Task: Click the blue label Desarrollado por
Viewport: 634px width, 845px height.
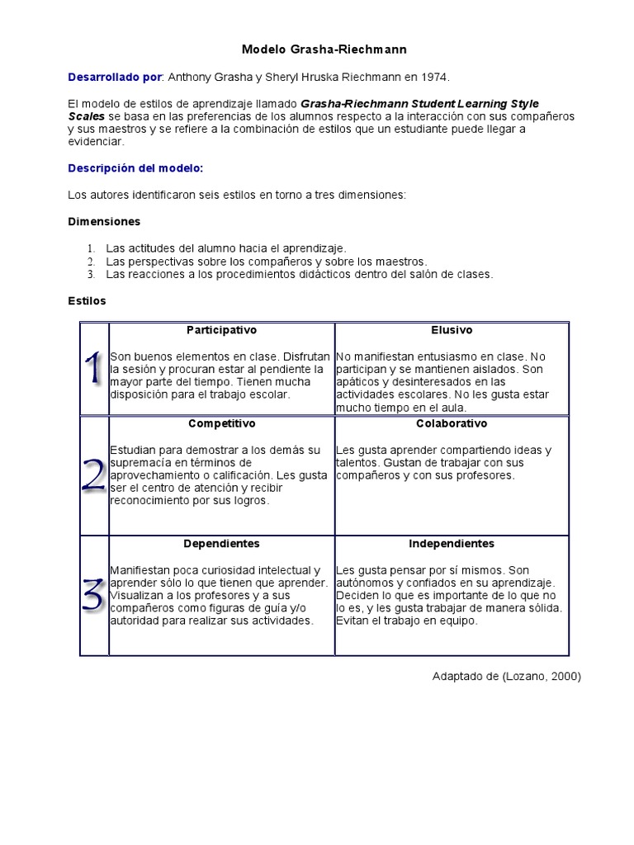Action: [x=115, y=77]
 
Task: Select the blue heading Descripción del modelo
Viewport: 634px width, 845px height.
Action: [x=135, y=168]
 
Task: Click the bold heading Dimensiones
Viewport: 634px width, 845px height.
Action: [x=104, y=222]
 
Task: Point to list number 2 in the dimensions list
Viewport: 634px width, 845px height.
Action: [x=91, y=261]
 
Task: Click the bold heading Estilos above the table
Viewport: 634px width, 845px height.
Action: [x=87, y=301]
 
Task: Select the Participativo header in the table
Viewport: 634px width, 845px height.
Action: [x=221, y=330]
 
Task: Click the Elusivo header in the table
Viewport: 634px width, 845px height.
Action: [x=452, y=330]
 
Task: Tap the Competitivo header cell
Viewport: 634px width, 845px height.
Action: [x=221, y=423]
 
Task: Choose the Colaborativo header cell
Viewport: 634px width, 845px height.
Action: [x=452, y=423]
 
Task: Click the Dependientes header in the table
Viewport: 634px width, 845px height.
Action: [x=221, y=544]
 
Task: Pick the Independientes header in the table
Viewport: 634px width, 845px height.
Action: [x=452, y=544]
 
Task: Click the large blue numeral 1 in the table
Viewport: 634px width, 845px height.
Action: [x=94, y=368]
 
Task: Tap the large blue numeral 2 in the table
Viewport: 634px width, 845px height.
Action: [x=94, y=476]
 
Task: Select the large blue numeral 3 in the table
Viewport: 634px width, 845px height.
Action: [x=94, y=595]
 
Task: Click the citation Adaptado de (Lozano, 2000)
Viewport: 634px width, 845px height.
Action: [x=507, y=677]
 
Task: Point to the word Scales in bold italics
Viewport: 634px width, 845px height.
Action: [x=86, y=116]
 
